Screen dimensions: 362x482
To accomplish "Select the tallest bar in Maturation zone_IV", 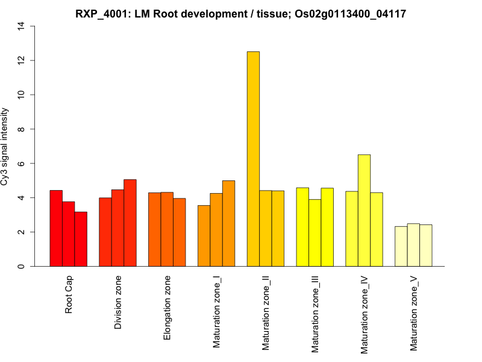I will pyautogui.click(x=364, y=211).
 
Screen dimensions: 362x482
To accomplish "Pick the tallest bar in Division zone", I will pyautogui.click(x=130, y=223).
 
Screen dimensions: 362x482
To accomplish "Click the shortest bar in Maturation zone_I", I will pyautogui.click(x=204, y=236).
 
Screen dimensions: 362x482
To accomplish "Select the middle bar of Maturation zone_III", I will pyautogui.click(x=315, y=233).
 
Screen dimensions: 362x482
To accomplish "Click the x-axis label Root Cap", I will pyautogui.click(x=69, y=295).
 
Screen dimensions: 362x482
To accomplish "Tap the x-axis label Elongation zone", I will pyautogui.click(x=167, y=308).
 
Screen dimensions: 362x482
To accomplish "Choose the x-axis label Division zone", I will pyautogui.click(x=118, y=303).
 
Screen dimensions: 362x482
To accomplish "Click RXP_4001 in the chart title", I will pyautogui.click(x=103, y=13).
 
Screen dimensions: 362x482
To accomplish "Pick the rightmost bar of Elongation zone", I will pyautogui.click(x=180, y=232).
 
